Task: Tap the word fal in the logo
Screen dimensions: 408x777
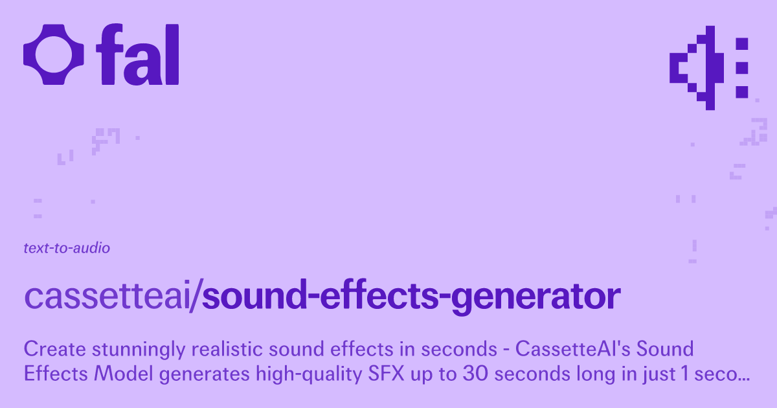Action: [137, 55]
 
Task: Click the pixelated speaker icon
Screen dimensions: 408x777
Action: [709, 67]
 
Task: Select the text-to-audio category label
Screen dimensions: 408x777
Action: [66, 248]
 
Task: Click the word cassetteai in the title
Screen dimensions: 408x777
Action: [109, 296]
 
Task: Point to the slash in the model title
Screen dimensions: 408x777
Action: [198, 296]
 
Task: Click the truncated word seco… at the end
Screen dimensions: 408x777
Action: [725, 374]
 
